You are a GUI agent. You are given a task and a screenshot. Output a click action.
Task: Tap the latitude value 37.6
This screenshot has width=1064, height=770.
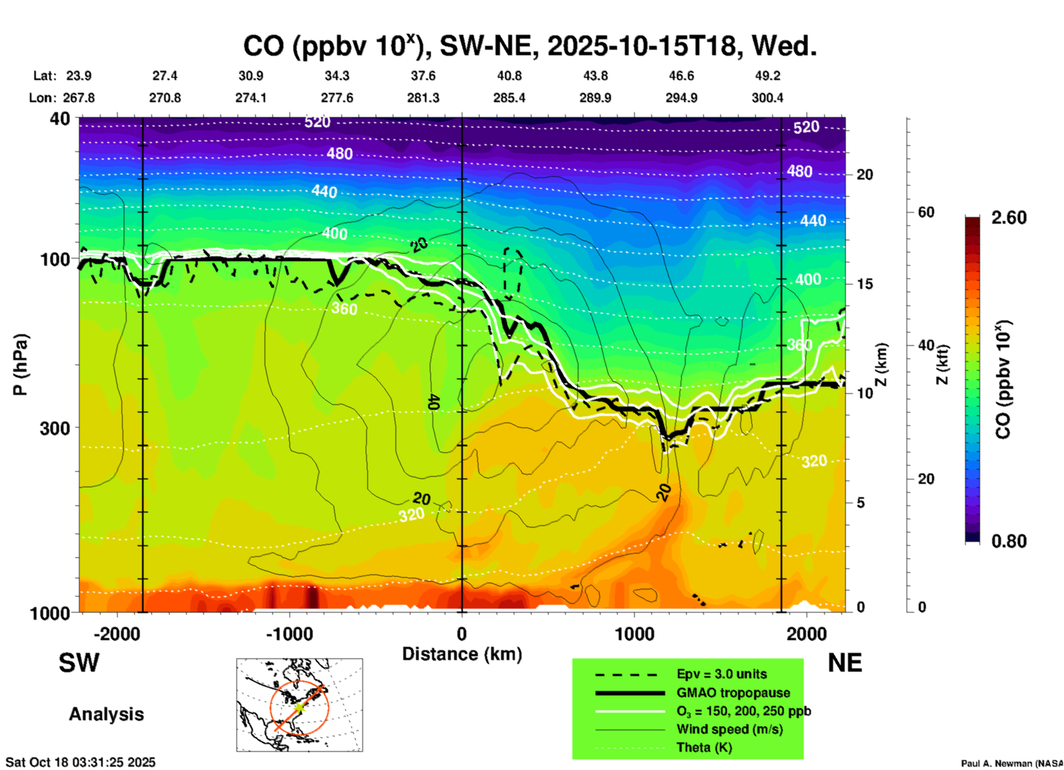[423, 76]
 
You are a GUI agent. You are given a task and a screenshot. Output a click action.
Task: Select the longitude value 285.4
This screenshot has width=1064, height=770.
[509, 98]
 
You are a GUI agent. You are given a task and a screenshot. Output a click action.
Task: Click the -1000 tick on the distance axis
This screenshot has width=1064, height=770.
[289, 634]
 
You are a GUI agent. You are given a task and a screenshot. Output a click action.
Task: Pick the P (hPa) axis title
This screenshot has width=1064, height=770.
[20, 365]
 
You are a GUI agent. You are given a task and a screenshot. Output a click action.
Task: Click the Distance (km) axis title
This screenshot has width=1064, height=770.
[462, 654]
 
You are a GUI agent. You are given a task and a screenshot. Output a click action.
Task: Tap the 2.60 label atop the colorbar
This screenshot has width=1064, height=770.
[1009, 218]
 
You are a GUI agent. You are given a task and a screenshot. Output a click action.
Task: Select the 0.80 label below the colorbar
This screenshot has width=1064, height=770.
[1009, 541]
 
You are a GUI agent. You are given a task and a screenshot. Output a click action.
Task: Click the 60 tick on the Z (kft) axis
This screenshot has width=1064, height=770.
[925, 212]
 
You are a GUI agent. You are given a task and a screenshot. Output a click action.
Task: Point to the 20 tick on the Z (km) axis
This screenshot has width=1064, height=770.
[865, 175]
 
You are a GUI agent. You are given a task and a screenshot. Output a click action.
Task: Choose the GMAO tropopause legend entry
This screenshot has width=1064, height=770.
[733, 693]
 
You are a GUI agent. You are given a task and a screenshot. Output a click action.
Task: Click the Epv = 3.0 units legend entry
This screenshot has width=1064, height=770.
[721, 674]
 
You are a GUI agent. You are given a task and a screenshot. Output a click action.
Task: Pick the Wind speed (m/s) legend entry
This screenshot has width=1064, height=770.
[729, 729]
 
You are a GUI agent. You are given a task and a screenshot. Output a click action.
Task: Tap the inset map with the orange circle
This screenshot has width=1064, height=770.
[299, 705]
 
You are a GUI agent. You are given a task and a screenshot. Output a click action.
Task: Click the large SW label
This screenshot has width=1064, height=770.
[79, 663]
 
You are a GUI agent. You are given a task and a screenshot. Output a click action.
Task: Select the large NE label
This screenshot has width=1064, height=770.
[845, 663]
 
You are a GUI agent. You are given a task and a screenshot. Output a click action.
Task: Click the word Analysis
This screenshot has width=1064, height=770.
[106, 714]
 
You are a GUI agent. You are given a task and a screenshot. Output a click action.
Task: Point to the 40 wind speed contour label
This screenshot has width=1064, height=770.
[433, 402]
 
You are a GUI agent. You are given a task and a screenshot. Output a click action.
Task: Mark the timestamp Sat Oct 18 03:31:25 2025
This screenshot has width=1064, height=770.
[81, 762]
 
